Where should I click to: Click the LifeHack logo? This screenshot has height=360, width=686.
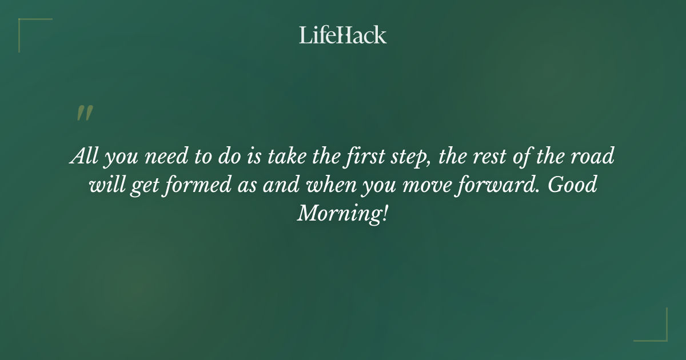(x=343, y=35)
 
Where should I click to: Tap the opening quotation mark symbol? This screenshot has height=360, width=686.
(x=84, y=113)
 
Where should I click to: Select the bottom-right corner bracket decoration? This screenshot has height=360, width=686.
(x=657, y=331)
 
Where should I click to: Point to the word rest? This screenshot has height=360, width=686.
(x=491, y=157)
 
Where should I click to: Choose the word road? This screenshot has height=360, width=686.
(x=596, y=156)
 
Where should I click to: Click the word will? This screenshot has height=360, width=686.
(x=106, y=185)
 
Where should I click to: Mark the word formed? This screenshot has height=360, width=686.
(x=194, y=185)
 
